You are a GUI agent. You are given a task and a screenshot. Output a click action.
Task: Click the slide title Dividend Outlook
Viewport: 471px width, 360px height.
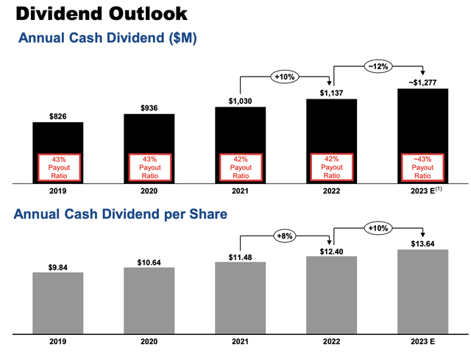103,13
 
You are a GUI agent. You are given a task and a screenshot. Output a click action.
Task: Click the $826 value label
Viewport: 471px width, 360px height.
57,116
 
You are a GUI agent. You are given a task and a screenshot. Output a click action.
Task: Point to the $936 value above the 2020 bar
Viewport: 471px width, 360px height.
149,107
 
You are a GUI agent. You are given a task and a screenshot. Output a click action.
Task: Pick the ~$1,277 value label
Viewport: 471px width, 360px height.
422,81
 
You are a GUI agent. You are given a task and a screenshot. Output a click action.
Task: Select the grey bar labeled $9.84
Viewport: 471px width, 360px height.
57,302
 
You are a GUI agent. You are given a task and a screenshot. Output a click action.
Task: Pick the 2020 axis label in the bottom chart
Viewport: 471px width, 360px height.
149,342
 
